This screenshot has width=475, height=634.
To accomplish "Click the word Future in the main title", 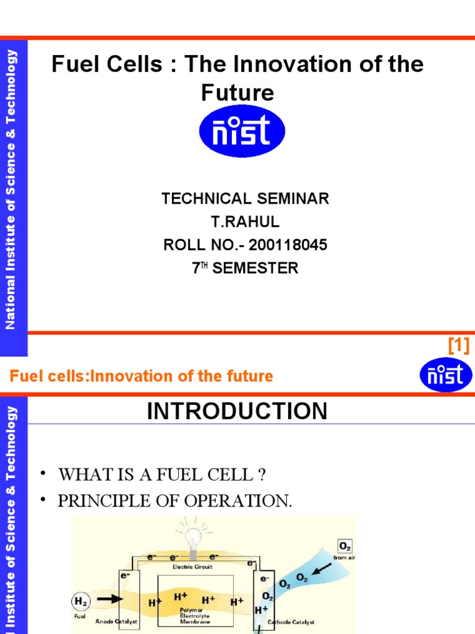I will [237, 93].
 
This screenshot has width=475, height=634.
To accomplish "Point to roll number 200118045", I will [288, 245].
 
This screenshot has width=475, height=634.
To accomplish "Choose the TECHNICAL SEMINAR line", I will [245, 199].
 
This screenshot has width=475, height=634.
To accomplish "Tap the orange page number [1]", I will [458, 345].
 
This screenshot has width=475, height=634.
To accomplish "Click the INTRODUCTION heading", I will [237, 411].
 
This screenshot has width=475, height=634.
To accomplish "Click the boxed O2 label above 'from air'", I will [344, 546].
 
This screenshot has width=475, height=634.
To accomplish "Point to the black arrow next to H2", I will [108, 599].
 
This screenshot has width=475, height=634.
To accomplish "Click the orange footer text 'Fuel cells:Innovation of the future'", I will [141, 376].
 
